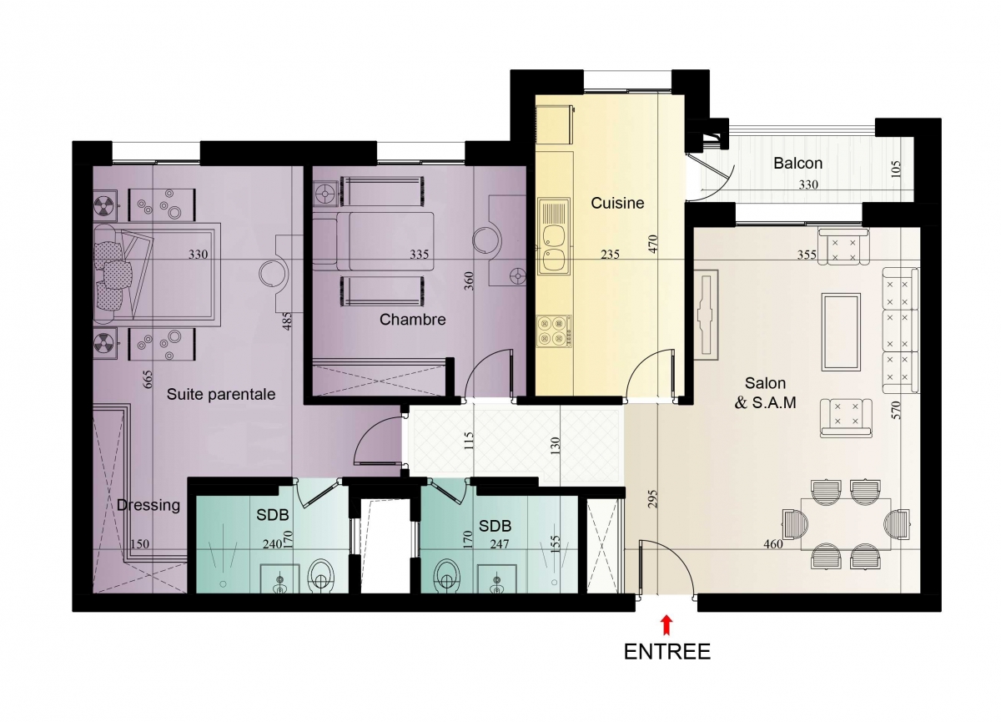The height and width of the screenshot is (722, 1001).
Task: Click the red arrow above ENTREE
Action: point(666,625)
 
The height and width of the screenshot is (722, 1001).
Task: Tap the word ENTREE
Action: point(667,652)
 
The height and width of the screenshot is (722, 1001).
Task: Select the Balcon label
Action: point(797,163)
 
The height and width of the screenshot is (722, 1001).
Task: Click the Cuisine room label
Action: point(617,203)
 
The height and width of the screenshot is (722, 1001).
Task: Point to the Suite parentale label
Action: point(221,394)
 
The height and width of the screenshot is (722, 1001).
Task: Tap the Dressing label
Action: point(148,505)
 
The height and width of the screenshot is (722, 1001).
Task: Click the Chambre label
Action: point(412,319)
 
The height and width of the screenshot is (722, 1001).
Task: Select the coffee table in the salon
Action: point(841,331)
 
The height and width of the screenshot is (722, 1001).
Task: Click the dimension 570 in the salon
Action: point(896,410)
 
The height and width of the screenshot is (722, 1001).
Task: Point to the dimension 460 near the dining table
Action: point(773,544)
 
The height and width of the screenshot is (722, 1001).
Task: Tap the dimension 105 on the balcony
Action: point(896,169)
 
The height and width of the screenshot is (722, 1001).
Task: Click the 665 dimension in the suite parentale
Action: point(148,379)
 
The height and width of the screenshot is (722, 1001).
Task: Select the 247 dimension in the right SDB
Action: point(499,544)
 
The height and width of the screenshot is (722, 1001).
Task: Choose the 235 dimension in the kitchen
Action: point(610,255)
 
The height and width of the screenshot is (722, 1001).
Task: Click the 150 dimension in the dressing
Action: point(139,544)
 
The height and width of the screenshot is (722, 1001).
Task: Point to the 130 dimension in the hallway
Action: point(555,447)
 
